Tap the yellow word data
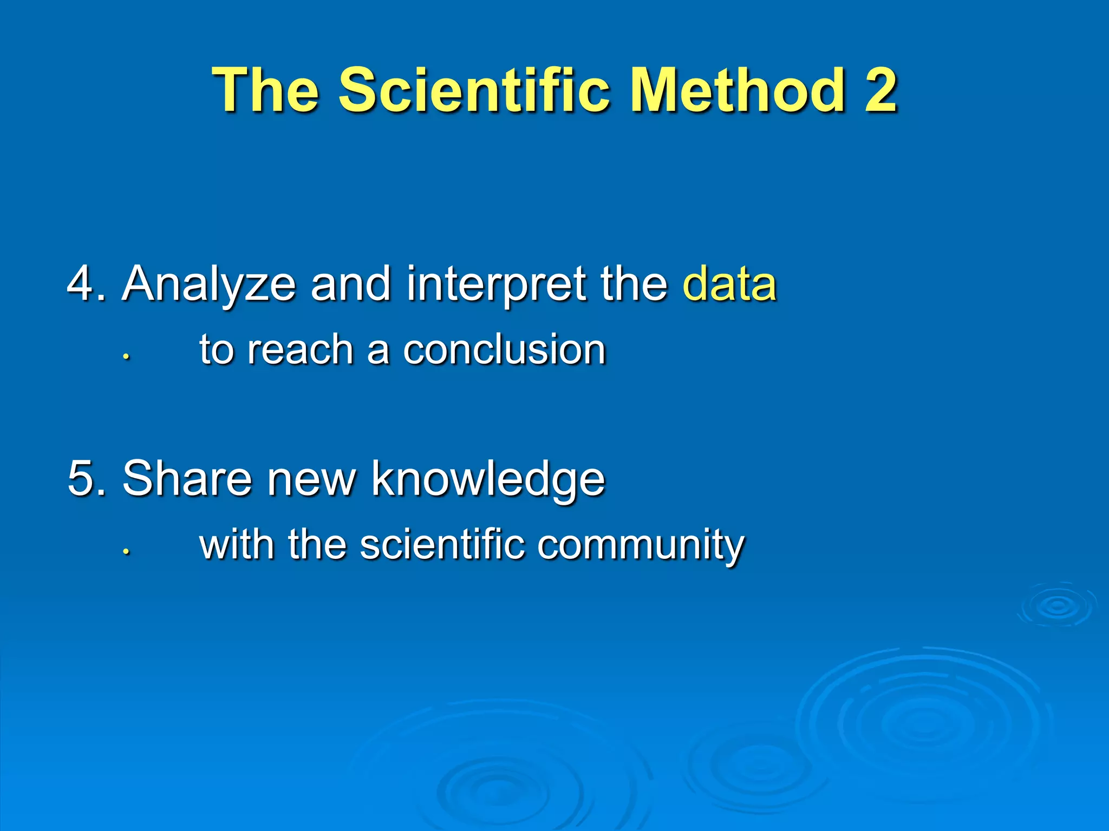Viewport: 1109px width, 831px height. [x=729, y=283]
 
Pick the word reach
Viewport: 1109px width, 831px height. [x=299, y=349]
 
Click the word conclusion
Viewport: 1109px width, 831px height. [x=504, y=349]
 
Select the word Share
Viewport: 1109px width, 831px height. [x=187, y=478]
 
